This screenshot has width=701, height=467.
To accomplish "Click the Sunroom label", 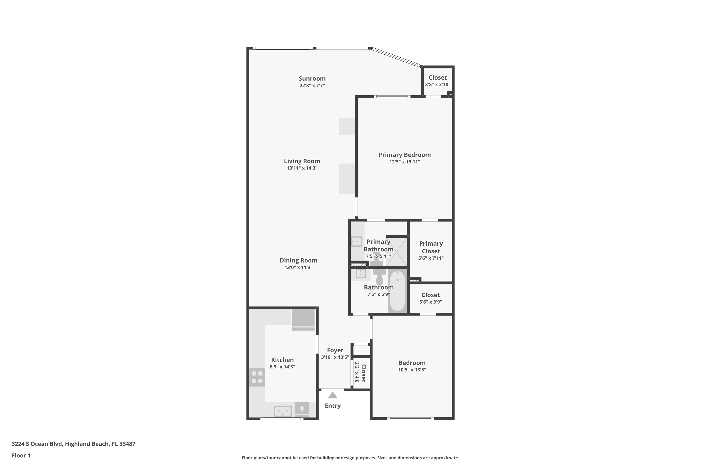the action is pyautogui.click(x=312, y=79).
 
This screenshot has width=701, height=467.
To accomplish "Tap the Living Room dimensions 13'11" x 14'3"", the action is pyautogui.click(x=302, y=168).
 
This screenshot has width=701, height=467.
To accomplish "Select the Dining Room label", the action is pyautogui.click(x=298, y=260).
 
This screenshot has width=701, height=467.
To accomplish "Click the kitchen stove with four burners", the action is pyautogui.click(x=257, y=377).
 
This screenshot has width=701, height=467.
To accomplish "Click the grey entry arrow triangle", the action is pyautogui.click(x=333, y=395).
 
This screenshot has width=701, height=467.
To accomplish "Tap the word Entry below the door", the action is pyautogui.click(x=333, y=406).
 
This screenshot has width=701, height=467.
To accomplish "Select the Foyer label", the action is pyautogui.click(x=335, y=350).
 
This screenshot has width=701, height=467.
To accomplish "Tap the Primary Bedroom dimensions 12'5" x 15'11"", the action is pyautogui.click(x=404, y=162).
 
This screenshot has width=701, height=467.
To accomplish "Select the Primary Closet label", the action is pyautogui.click(x=431, y=247).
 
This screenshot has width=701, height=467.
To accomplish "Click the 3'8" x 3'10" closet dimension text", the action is pyautogui.click(x=437, y=85).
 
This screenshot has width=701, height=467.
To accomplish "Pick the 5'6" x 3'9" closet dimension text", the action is pyautogui.click(x=431, y=302).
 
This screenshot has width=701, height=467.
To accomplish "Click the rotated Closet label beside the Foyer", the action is pyautogui.click(x=363, y=373).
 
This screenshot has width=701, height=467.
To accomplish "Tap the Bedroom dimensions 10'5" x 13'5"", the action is pyautogui.click(x=412, y=370).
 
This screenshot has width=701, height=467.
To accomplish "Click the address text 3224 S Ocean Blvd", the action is pyautogui.click(x=37, y=444).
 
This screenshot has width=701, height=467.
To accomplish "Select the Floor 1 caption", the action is pyautogui.click(x=21, y=455).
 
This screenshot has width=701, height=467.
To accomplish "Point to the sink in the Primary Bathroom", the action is pyautogui.click(x=357, y=241).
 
